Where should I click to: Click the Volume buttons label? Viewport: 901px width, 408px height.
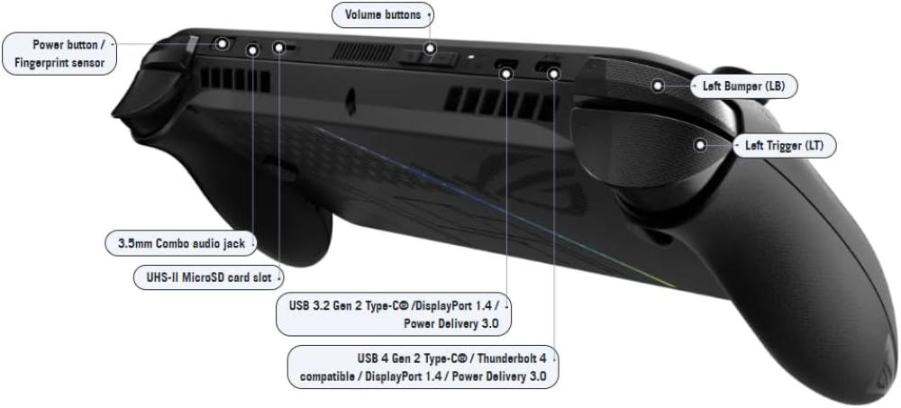click(x=383, y=15)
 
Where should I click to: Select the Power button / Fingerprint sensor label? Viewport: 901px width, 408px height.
click(x=59, y=53)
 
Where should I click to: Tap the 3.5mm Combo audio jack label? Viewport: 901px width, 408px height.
click(x=181, y=243)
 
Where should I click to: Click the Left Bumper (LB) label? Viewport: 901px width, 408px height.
click(x=743, y=86)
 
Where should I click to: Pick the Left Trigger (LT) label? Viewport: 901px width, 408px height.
click(x=784, y=146)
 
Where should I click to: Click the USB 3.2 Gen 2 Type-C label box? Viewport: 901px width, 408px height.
click(x=394, y=313)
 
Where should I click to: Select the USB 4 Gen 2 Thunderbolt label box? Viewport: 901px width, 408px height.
click(x=423, y=367)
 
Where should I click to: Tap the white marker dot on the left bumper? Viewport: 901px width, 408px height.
click(x=658, y=86)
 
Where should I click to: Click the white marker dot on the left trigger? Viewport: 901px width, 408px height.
click(x=700, y=145)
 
